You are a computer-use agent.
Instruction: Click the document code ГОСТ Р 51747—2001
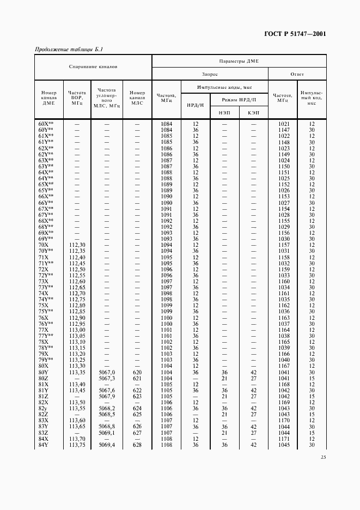click(x=295, y=34)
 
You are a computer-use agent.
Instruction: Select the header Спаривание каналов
click(x=93, y=68)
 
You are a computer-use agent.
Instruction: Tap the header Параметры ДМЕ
click(x=239, y=62)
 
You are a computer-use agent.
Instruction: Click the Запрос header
click(x=210, y=74)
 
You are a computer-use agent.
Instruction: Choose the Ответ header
click(x=297, y=74)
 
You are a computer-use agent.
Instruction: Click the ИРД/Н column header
click(x=195, y=105)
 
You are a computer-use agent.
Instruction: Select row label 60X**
click(x=46, y=124)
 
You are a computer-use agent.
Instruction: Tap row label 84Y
click(x=44, y=445)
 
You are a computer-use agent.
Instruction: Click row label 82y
click(x=44, y=408)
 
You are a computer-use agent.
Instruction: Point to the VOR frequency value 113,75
click(x=77, y=445)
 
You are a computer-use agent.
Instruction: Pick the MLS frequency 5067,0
click(x=107, y=372)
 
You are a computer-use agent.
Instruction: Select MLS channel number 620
click(x=137, y=372)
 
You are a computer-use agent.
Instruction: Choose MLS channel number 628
click(x=137, y=445)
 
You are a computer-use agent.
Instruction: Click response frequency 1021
click(x=283, y=124)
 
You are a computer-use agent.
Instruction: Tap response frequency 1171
click(x=283, y=439)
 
